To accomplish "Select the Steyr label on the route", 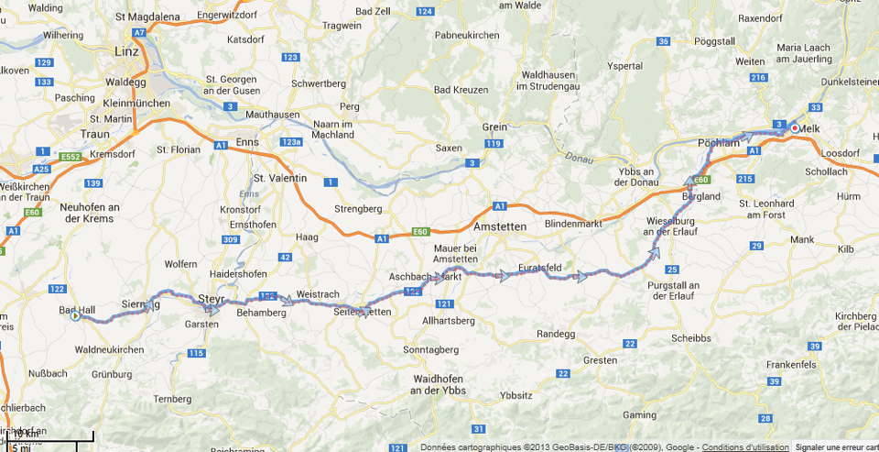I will pyautogui.click(x=212, y=298).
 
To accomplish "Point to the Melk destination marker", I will pyautogui.click(x=795, y=128).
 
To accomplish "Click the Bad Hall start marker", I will pyautogui.click(x=76, y=317).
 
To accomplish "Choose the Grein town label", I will pyautogui.click(x=495, y=127).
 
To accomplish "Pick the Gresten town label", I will pyautogui.click(x=600, y=360).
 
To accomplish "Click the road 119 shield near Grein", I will pyautogui.click(x=494, y=144).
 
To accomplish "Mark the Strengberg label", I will pyautogui.click(x=356, y=208).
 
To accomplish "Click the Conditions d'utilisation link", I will pyautogui.click(x=745, y=446).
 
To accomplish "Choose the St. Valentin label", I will pyautogui.click(x=278, y=178).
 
